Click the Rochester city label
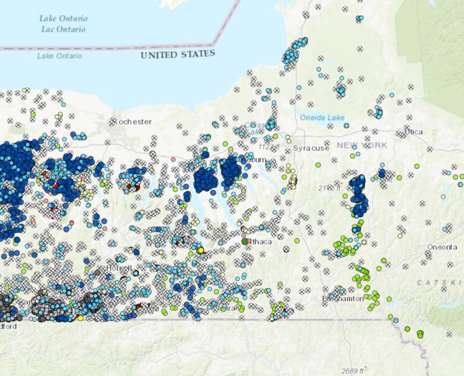pos(132,121)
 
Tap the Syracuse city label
pos(311,148)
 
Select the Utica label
pos(414,132)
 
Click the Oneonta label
pos(442,247)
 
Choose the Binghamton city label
pos(343,298)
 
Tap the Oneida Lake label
pos(322,117)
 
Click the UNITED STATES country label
pos(177,54)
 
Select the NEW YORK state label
pos(362,145)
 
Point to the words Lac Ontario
pos(64,29)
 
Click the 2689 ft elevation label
pos(353,370)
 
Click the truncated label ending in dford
pos(8,326)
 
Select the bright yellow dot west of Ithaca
pos(200,250)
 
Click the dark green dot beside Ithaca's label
pos(244,241)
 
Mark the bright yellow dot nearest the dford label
pos(81,318)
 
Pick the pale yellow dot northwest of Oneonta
pos(443,197)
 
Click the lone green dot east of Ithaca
pos(297,240)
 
